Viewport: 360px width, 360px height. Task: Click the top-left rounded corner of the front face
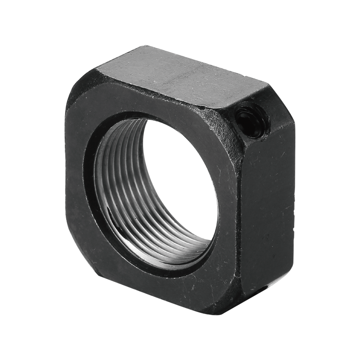(79, 97)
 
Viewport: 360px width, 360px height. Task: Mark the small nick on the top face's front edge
(203, 107)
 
